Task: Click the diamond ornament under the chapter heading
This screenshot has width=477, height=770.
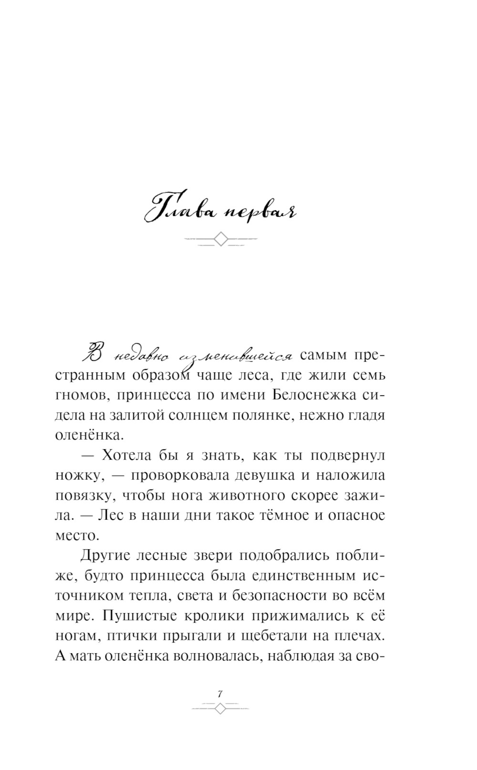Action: pyautogui.click(x=220, y=239)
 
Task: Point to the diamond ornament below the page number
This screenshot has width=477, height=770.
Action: pyautogui.click(x=220, y=709)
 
